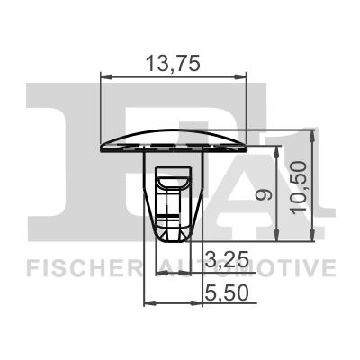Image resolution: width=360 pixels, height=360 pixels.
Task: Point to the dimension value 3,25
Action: pos(223,261)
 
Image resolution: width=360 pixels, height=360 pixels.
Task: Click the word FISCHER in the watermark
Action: pos(82,267)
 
